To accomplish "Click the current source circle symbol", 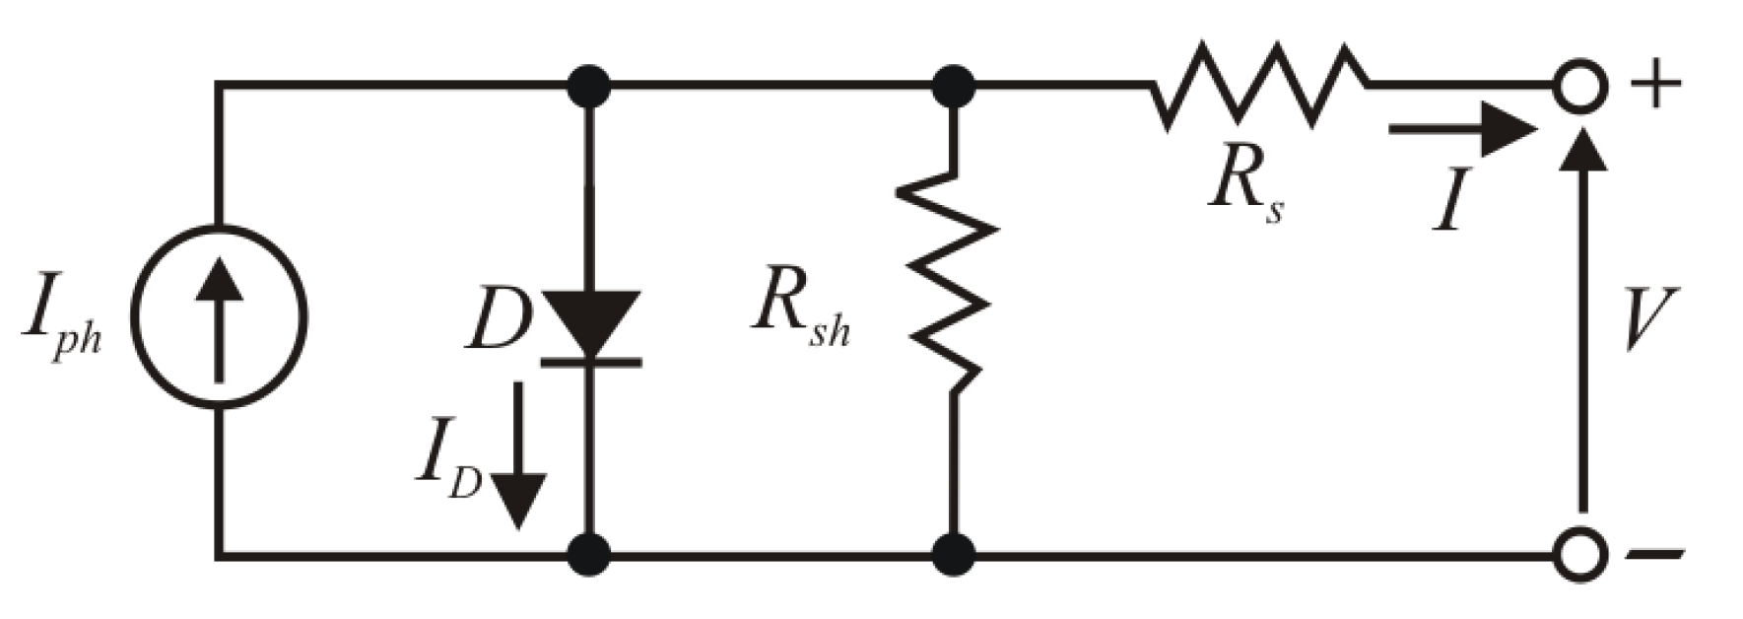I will coord(220,318).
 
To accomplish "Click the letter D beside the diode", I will coord(499,320).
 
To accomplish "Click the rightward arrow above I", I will coord(1462,129).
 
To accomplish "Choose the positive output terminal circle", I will coord(1580,87).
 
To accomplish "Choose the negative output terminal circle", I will coord(1580,556).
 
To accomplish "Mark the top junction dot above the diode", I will coord(589,87).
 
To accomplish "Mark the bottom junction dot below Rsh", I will coord(953,556).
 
